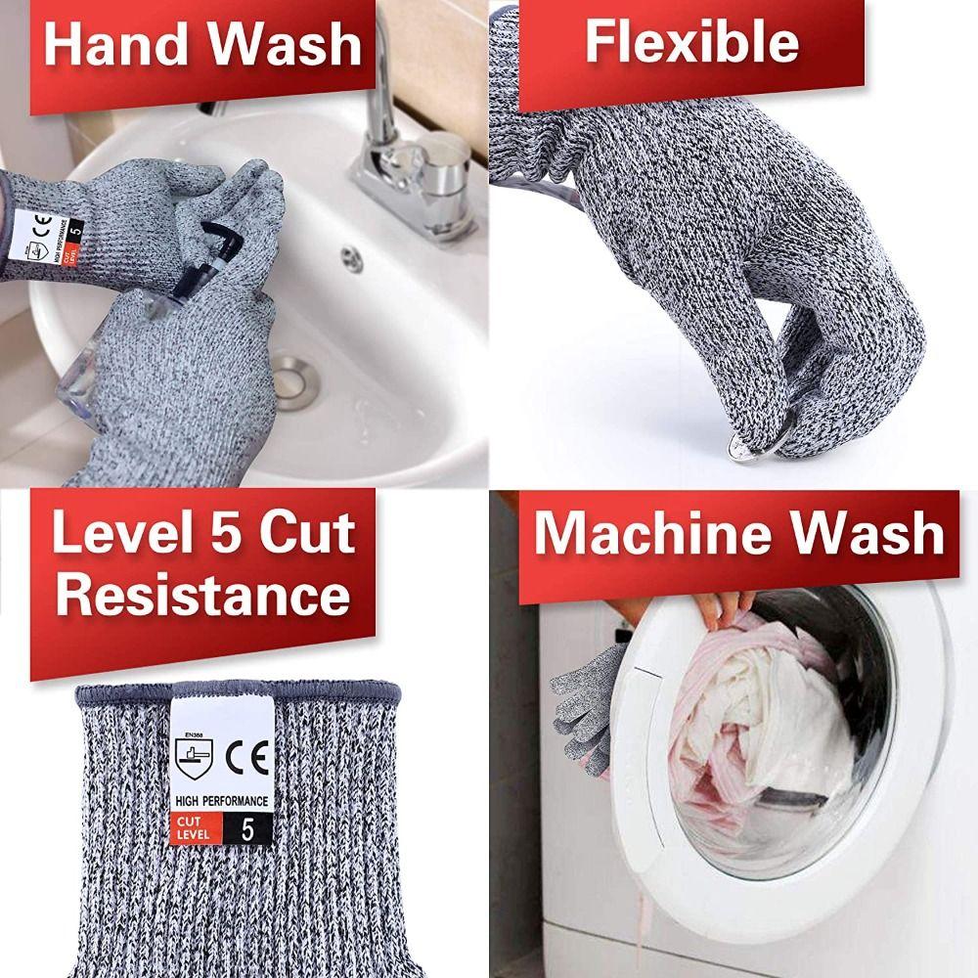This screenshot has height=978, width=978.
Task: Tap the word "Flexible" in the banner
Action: click(690, 42)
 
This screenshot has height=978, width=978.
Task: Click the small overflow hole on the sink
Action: click(352, 258)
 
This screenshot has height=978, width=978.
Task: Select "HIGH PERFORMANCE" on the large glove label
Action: click(221, 801)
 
